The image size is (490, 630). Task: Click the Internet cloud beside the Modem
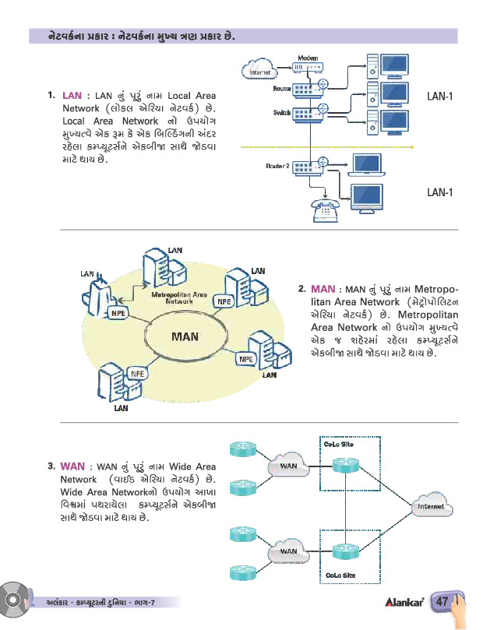(258, 71)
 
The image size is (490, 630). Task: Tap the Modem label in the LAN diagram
(308, 58)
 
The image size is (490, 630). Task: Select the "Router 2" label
(278, 165)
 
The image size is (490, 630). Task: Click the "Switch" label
(282, 112)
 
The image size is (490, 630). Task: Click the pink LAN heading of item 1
(71, 95)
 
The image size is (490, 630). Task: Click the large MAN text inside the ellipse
(186, 336)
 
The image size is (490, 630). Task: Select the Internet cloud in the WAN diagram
(430, 506)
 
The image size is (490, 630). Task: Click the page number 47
(442, 601)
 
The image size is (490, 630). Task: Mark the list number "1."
(51, 96)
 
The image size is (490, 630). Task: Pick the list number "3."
(51, 467)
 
